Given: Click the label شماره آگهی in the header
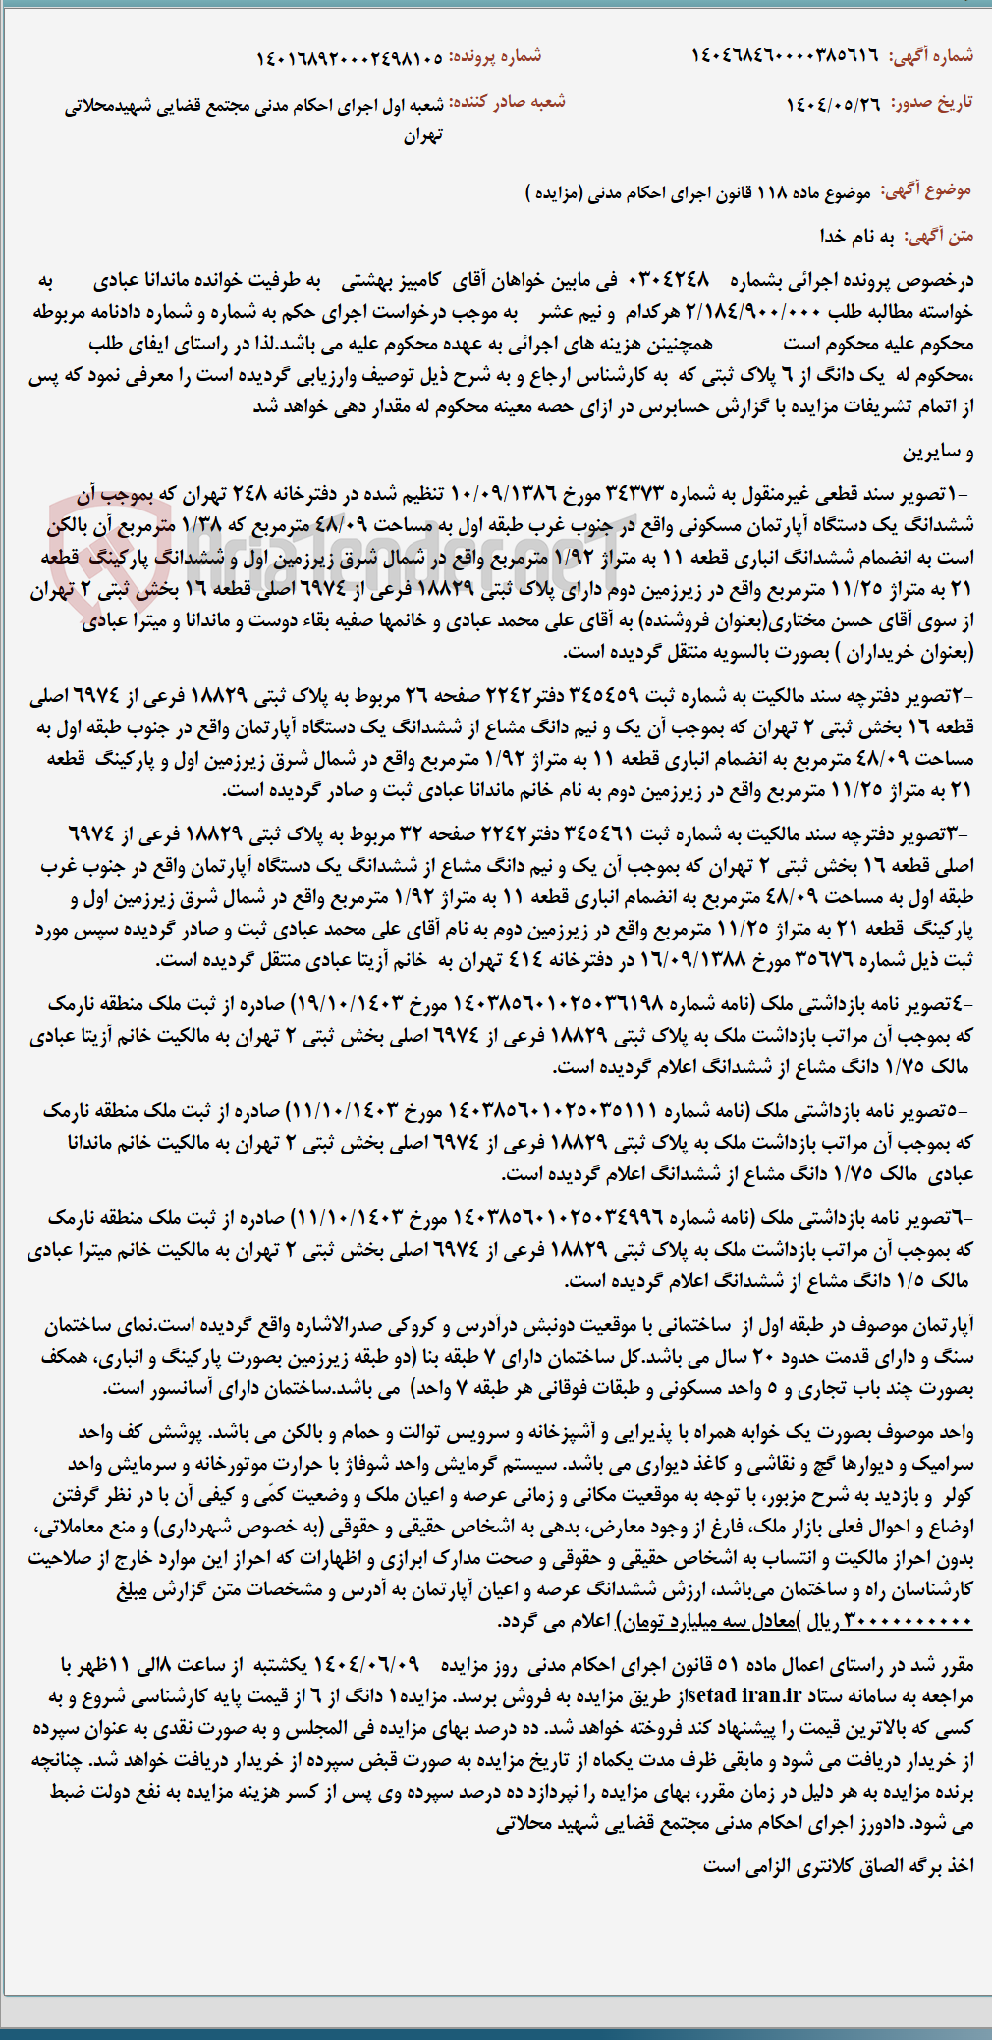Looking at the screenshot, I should point(931,55).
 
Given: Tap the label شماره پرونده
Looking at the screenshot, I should point(496,56).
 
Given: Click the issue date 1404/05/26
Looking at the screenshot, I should point(834,103).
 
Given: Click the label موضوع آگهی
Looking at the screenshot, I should point(925,189).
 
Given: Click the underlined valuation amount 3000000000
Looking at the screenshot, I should point(909,1621).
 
